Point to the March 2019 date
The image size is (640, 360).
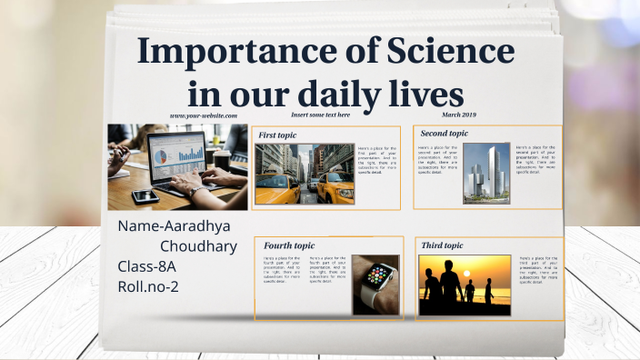(458, 115)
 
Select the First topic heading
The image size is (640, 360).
(277, 135)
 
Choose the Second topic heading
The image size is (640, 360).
(445, 134)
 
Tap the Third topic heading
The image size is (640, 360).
(442, 245)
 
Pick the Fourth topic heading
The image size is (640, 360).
(289, 245)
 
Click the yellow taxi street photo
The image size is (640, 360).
(305, 174)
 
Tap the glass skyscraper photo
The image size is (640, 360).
(486, 173)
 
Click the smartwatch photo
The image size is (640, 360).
(375, 285)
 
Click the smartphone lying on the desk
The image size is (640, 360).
(145, 195)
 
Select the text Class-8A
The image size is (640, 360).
(147, 266)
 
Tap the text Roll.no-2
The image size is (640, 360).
(148, 286)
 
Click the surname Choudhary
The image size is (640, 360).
(198, 246)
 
